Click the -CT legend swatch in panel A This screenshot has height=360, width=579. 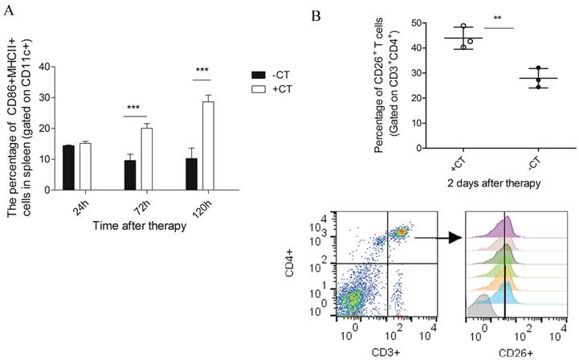pyautogui.click(x=258, y=72)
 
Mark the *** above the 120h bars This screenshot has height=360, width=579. pyautogui.click(x=201, y=71)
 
